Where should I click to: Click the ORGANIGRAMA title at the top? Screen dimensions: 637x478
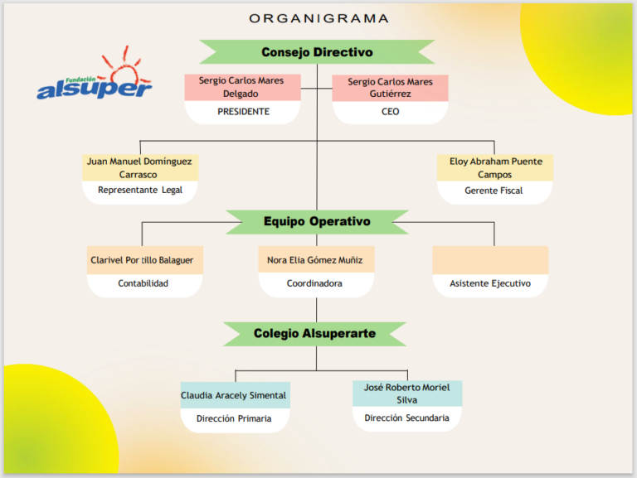(x=318, y=19)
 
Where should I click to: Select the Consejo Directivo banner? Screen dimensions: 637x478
(x=317, y=52)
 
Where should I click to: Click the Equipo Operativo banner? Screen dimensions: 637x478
(x=317, y=221)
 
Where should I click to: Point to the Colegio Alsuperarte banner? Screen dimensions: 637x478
(x=315, y=334)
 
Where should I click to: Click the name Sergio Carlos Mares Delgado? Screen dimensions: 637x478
(x=241, y=87)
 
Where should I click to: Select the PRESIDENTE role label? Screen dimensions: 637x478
(x=243, y=112)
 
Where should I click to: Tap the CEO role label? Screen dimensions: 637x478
(x=391, y=112)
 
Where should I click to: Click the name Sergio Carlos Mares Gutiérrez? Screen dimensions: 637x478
(x=390, y=88)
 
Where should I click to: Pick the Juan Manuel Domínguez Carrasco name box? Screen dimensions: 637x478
(x=140, y=167)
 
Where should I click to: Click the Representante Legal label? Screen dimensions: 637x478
(x=140, y=190)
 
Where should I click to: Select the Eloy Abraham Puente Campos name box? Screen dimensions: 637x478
(x=495, y=167)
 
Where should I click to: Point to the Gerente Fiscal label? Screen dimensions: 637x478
(x=494, y=191)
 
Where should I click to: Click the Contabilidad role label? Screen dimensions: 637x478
(x=143, y=283)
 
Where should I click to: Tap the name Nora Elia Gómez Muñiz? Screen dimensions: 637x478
(x=315, y=260)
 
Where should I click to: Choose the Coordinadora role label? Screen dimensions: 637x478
(x=314, y=283)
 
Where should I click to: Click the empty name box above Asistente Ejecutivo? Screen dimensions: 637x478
(x=490, y=259)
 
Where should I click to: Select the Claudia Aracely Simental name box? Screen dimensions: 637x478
(x=236, y=395)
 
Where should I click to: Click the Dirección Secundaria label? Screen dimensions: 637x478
(x=406, y=418)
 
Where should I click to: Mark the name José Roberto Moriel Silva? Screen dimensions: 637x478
(x=406, y=394)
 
